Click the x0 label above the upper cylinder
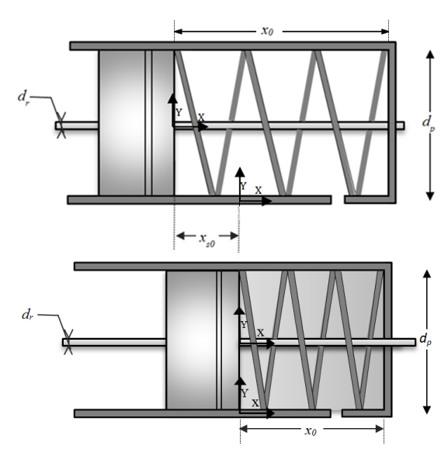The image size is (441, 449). pos(267,31)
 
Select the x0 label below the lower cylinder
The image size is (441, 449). pos(311,430)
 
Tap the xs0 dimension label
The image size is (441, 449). pos(207,240)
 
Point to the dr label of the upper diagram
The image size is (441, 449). pos(23,98)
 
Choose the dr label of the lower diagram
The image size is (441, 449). pos(27,315)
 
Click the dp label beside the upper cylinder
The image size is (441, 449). pos(429,123)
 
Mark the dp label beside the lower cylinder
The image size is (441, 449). pos(425,340)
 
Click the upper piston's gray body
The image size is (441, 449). pos(137,123)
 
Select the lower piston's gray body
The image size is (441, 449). pos(203,340)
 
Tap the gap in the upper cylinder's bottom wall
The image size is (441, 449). pos(338,200)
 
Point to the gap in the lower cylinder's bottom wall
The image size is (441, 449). pos(336,413)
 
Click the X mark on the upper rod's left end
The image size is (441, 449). pos(61,126)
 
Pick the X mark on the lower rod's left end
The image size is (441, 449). pos(68,342)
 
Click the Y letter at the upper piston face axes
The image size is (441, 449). pos(179,112)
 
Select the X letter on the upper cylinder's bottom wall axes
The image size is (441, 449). pos(259,190)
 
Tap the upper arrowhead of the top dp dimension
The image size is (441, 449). pos(429,54)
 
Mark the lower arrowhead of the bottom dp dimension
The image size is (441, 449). pos(427,410)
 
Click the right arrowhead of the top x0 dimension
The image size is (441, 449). pos(385,31)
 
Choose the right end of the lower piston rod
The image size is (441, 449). pos(415,342)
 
